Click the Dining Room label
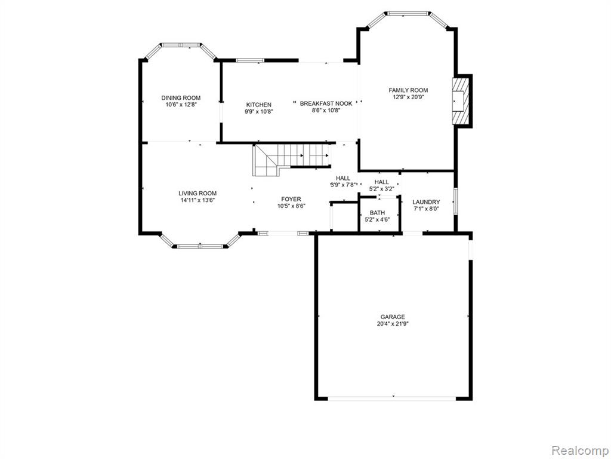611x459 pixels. point(181,98)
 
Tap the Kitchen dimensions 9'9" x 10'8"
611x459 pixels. point(259,111)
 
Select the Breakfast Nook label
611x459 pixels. point(326,103)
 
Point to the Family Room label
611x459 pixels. point(408,90)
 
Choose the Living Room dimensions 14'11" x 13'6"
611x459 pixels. point(198,200)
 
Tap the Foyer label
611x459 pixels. point(291,200)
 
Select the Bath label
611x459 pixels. point(377,213)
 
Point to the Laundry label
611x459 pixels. point(426,202)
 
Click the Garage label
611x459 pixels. point(393,317)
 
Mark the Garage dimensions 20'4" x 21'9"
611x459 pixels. point(393,323)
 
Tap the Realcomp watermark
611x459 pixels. point(580,450)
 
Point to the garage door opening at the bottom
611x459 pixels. point(392,398)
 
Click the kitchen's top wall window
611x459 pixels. point(250,60)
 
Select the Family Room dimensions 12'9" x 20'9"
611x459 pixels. point(408,97)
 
